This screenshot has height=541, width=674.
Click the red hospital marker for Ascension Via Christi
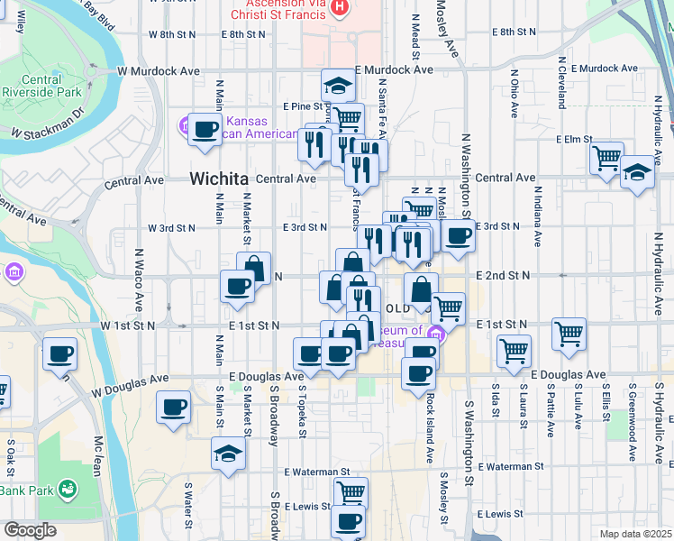[339, 8]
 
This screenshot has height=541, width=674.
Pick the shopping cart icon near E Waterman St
[351, 491]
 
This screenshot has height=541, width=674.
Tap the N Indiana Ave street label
[537, 215]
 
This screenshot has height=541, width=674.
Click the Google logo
[30, 530]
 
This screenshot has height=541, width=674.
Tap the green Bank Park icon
[66, 489]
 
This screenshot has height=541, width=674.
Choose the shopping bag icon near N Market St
[254, 267]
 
